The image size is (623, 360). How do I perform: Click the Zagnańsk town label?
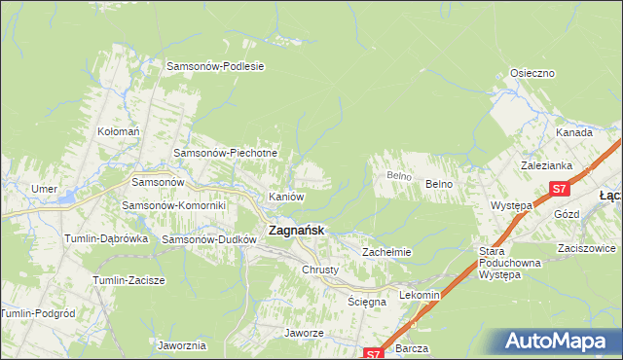pos(296,231)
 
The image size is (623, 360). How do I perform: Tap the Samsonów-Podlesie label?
pos(216,66)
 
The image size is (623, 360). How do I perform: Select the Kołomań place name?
pos(120,130)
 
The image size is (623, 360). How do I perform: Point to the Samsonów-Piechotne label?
pos(226,153)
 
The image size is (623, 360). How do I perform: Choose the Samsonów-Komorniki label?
pos(173,205)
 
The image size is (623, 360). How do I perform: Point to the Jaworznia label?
pos(181,345)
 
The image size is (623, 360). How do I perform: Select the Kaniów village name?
pos(287,197)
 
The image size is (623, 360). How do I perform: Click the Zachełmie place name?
pos(386,252)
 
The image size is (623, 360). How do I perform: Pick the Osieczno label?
pos(532,73)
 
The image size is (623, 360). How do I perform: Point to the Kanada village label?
pos(574,132)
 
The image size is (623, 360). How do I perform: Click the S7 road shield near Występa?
pos(558,189)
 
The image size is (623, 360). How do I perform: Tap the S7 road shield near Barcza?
pos(372,354)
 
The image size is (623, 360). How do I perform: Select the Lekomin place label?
pos(421,294)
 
